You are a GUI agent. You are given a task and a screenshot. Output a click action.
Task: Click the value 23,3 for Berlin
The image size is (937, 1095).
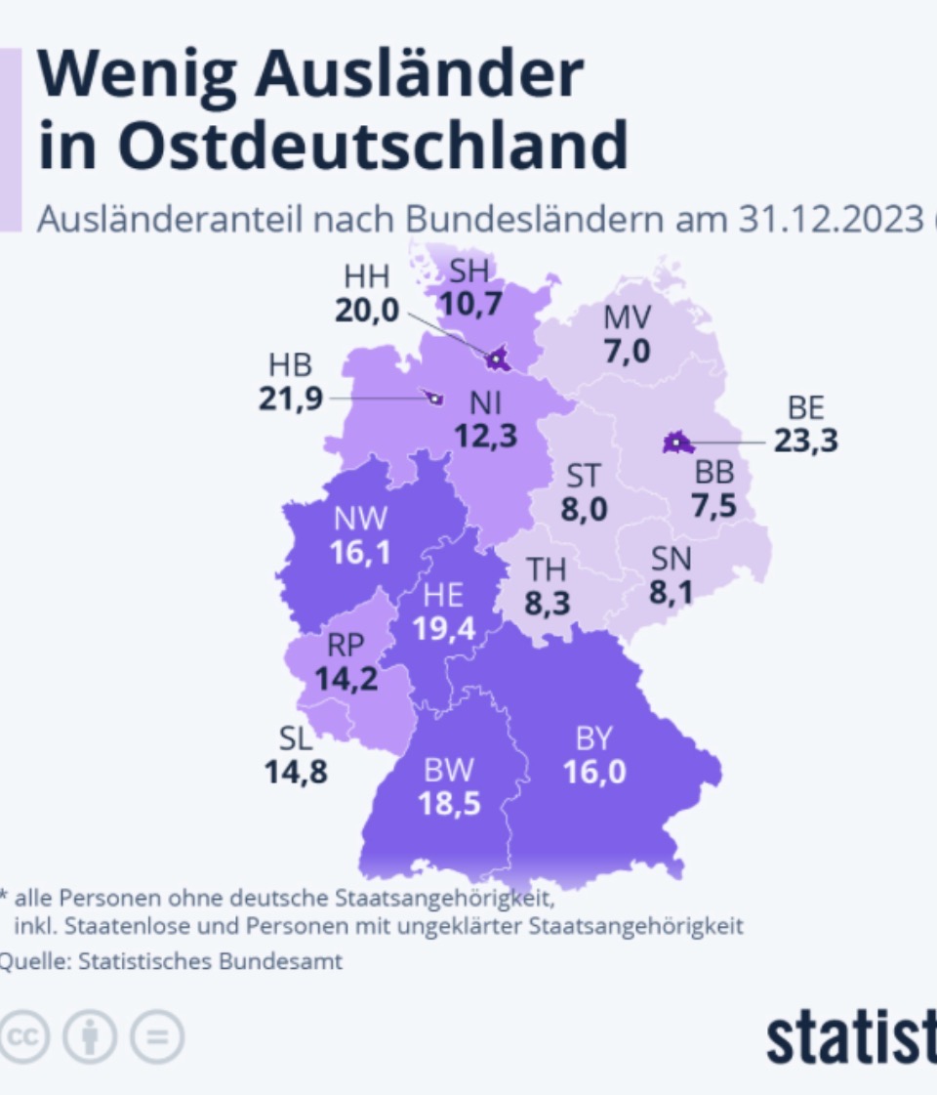tap(806, 440)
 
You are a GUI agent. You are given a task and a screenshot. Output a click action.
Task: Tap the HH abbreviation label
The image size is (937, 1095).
tap(367, 276)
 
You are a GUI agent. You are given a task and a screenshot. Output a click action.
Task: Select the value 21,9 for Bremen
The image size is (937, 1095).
tap(290, 399)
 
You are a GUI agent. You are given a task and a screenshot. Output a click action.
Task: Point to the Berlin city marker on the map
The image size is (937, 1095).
tap(676, 442)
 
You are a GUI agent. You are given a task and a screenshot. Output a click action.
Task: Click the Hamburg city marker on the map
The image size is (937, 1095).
tap(497, 358)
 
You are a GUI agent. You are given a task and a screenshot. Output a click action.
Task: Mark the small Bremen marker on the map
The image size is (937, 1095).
tap(434, 399)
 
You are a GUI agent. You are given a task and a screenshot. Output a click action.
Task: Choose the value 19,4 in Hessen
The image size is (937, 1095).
tap(444, 629)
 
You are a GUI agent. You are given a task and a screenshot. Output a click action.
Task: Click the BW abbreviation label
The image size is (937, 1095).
tap(449, 771)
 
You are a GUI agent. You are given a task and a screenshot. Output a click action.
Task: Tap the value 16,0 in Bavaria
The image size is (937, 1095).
tap(594, 772)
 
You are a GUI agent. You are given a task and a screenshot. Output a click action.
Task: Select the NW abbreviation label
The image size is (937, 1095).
tap(360, 519)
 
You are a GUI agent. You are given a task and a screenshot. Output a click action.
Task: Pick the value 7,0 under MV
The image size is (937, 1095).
tap(627, 351)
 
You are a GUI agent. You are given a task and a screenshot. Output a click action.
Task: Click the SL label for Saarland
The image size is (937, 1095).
tap(295, 738)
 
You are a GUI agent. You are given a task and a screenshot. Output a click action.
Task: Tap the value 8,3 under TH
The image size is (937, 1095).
tap(547, 603)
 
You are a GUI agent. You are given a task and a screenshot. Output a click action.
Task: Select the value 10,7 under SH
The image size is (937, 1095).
tap(471, 304)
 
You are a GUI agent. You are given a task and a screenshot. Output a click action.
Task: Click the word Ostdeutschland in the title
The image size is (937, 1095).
tap(373, 146)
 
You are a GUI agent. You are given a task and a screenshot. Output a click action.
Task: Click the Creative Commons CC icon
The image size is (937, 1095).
tap(23, 1036)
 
